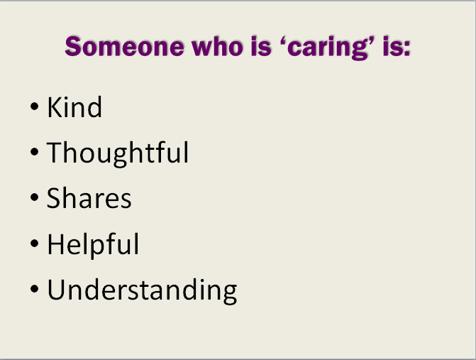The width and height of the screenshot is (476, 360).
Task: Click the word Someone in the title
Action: [124, 46]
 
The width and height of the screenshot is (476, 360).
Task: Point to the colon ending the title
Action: [406, 49]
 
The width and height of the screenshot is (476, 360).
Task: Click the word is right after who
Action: [261, 46]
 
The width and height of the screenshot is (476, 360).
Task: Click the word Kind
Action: [74, 107]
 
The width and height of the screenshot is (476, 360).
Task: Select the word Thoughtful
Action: [118, 153]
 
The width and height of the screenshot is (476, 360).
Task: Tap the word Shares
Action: [89, 198]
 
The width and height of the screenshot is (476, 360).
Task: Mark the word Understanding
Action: [142, 290]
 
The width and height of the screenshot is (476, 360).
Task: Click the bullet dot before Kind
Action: [35, 107]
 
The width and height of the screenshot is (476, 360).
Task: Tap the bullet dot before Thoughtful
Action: [35, 151]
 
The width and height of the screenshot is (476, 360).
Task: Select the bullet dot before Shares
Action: [35, 197]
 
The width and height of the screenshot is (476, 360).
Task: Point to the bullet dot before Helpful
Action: [35, 243]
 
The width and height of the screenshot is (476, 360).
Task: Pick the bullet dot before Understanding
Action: [35, 288]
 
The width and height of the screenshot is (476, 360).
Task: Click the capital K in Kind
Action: [55, 107]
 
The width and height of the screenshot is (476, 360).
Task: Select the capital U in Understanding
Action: [57, 289]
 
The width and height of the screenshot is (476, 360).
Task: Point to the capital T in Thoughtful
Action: [55, 152]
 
